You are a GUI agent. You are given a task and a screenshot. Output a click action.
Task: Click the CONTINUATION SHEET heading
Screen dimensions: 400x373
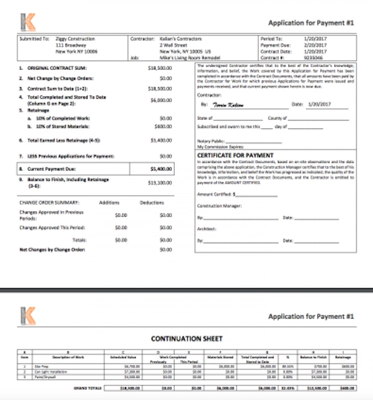pos(186,339)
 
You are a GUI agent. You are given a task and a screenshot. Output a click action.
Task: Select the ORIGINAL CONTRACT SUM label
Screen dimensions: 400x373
pos(57,68)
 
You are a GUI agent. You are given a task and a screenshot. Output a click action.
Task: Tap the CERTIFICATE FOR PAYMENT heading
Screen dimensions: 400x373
pos(235,155)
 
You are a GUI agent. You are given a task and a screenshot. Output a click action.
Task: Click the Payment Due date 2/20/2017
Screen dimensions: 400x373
pos(315,46)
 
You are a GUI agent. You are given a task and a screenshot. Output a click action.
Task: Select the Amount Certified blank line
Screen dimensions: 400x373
pos(256,195)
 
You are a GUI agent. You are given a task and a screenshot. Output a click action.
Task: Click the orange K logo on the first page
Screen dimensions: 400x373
pos(28,22)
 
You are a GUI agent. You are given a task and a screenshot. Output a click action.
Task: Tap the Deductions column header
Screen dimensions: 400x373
pos(152,203)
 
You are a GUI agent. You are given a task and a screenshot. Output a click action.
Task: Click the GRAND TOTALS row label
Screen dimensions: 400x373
pos(88,388)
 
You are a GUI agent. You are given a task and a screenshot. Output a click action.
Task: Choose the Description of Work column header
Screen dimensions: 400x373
pos(68,357)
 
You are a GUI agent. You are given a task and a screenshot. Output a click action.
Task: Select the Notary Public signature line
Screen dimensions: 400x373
pos(254,141)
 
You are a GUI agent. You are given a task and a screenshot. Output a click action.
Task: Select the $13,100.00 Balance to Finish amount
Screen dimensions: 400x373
pos(161,183)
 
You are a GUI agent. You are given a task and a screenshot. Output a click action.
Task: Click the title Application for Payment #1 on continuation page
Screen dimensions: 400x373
pos(311,316)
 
